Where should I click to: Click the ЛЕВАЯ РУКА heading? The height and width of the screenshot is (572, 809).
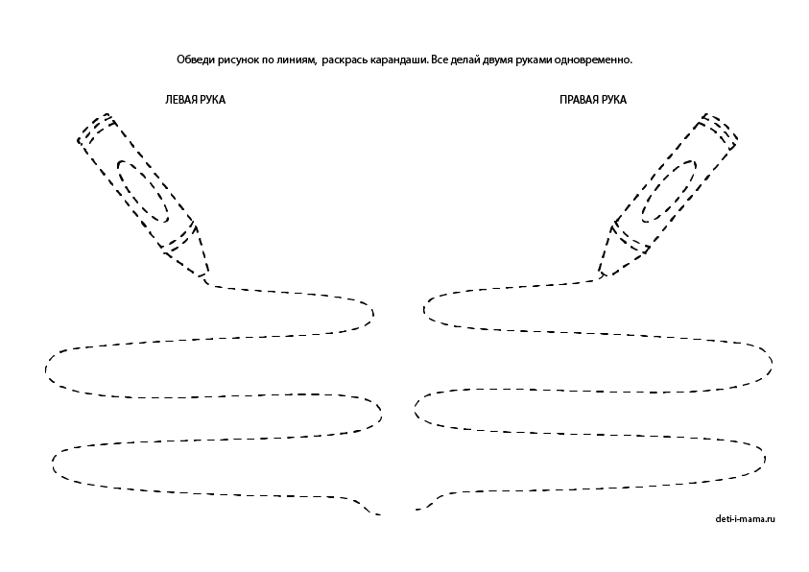[195, 100]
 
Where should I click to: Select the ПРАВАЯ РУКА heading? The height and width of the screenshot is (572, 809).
[593, 100]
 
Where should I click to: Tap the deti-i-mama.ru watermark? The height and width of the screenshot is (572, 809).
[745, 519]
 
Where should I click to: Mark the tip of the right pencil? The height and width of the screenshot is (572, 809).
[602, 277]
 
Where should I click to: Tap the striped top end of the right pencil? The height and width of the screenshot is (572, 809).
[717, 129]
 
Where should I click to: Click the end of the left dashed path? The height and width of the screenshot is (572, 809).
[380, 514]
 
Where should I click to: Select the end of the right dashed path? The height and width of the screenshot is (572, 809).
[416, 510]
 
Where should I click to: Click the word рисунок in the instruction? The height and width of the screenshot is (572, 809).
[238, 60]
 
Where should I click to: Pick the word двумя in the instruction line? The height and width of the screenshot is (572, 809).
[498, 60]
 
